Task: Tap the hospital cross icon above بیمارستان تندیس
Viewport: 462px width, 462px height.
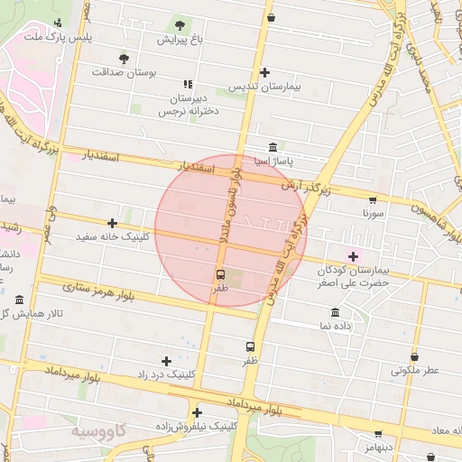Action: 264,72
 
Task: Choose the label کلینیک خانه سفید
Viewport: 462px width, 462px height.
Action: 113,237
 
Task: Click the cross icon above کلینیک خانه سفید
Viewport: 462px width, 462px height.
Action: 113,223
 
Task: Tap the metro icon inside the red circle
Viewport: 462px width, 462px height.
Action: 220,274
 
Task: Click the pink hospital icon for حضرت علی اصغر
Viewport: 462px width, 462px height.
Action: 353,256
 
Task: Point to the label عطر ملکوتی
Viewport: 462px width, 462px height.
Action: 414,370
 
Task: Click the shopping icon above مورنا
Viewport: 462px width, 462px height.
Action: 373,200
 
